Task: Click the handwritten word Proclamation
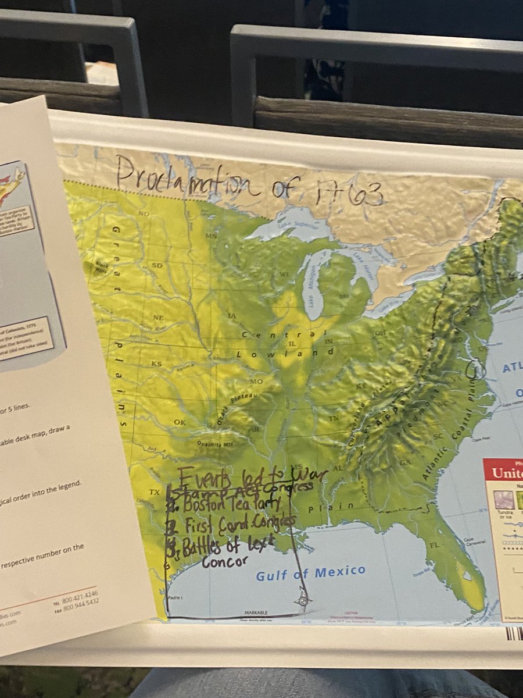point(184,179)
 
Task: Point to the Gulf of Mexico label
point(311,573)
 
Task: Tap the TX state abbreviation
point(154,492)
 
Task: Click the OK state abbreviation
point(180,422)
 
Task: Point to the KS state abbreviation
point(156,363)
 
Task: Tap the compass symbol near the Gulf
point(303,601)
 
